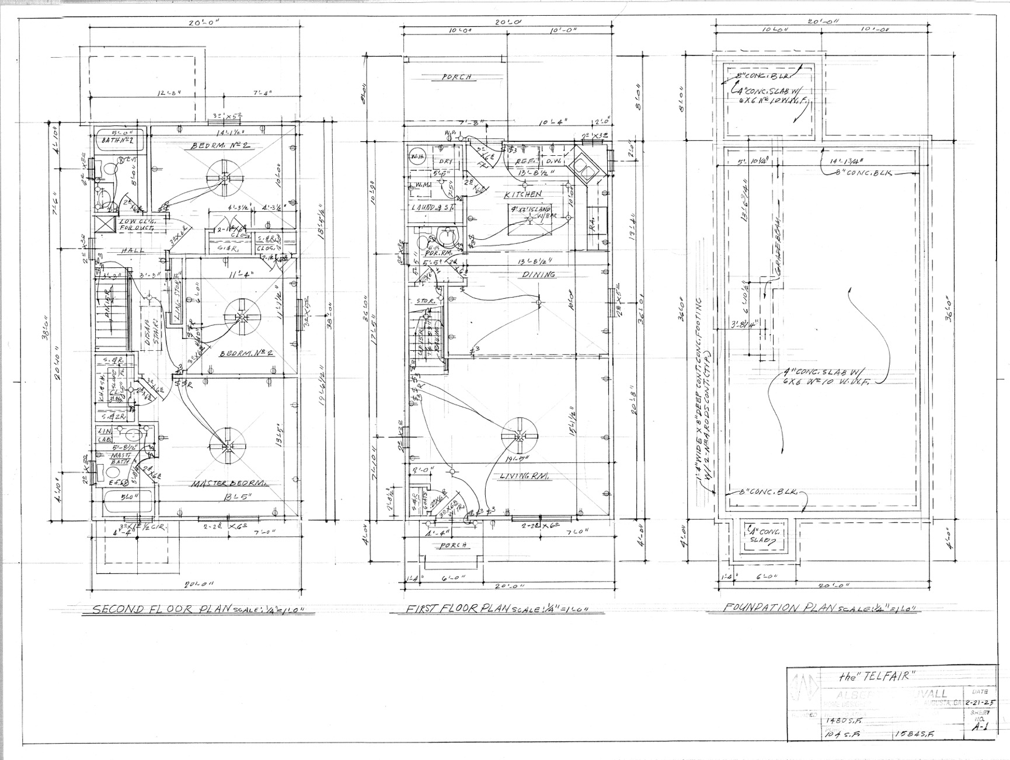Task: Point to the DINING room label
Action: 538,274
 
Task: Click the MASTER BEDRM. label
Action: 229,483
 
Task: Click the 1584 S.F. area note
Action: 914,735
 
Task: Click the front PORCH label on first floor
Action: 454,545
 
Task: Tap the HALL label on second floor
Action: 131,250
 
